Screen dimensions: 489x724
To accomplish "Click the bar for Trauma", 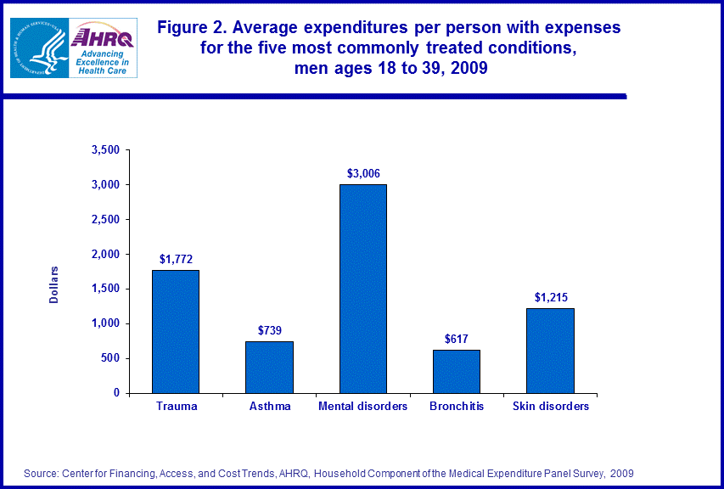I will click(x=176, y=331).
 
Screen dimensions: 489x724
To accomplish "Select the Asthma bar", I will click(x=269, y=367).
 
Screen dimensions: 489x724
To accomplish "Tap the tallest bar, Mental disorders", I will click(x=363, y=289).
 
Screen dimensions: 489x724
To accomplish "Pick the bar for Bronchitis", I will click(x=457, y=371).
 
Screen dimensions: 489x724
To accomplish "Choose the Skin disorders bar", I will click(x=550, y=350).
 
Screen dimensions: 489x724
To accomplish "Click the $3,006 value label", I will click(x=363, y=173).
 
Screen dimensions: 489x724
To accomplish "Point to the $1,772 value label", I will click(x=176, y=259).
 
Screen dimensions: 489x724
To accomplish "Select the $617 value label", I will click(x=457, y=339).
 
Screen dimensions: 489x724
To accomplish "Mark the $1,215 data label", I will click(x=550, y=297).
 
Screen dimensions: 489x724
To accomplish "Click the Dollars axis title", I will click(x=53, y=284).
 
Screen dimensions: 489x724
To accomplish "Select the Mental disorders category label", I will click(x=363, y=407).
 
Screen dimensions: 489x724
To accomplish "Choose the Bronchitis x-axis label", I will click(x=457, y=407).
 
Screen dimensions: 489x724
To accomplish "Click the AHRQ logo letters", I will click(x=104, y=37).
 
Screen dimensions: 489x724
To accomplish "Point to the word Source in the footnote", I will click(x=42, y=473).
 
